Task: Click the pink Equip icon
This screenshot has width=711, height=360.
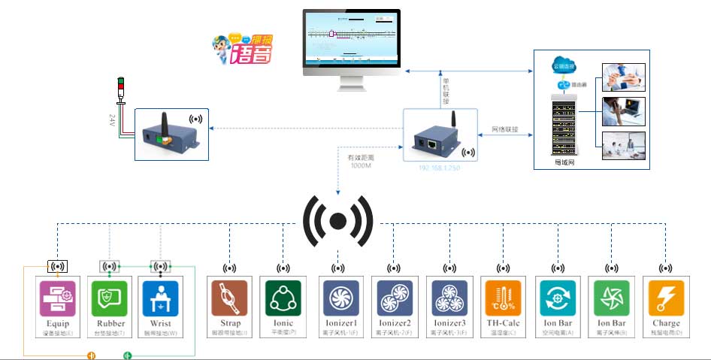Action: point(58,298)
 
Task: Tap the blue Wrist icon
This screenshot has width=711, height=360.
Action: point(160,298)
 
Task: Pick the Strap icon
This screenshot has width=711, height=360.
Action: point(229,298)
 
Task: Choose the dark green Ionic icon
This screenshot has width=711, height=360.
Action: point(283,298)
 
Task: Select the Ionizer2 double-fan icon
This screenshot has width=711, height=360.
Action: point(392,298)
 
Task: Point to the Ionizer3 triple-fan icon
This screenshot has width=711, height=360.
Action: point(449,298)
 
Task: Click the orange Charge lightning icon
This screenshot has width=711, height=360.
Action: point(666,298)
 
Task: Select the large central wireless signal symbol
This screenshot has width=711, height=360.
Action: point(337,221)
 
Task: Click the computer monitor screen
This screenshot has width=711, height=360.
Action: point(352,38)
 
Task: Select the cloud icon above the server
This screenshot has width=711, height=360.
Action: point(563,66)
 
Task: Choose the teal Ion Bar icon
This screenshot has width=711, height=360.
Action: point(558,298)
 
